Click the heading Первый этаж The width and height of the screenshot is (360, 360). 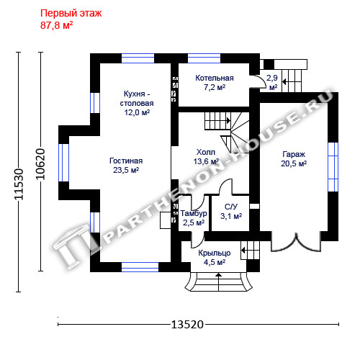pyautogui.click(x=71, y=14)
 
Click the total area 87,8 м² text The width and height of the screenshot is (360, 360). pyautogui.click(x=57, y=25)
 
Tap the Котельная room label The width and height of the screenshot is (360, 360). pyautogui.click(x=215, y=78)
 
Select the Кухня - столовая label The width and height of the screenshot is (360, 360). pyautogui.click(x=137, y=99)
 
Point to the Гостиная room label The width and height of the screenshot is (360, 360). pyautogui.click(x=126, y=161)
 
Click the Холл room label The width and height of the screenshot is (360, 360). pyautogui.click(x=206, y=152)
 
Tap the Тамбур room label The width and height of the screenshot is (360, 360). pyautogui.click(x=194, y=213)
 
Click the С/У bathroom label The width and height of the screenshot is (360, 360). pyautogui.click(x=231, y=207)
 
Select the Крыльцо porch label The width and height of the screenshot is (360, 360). pyautogui.click(x=215, y=253)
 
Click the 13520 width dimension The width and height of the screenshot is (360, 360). pyautogui.click(x=187, y=325)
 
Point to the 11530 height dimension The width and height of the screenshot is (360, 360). pyautogui.click(x=19, y=184)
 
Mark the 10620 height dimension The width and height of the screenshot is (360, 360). pyautogui.click(x=40, y=164)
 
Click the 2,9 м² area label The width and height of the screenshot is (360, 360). pyautogui.click(x=272, y=83)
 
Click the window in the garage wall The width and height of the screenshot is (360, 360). pyautogui.click(x=333, y=167)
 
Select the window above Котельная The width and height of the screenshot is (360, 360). pyautogui.click(x=204, y=58)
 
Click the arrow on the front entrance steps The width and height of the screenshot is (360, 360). pyautogui.click(x=218, y=282)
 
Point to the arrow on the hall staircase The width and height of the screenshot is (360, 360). pyautogui.click(x=228, y=120)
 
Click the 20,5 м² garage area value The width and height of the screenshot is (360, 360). pyautogui.click(x=294, y=163)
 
